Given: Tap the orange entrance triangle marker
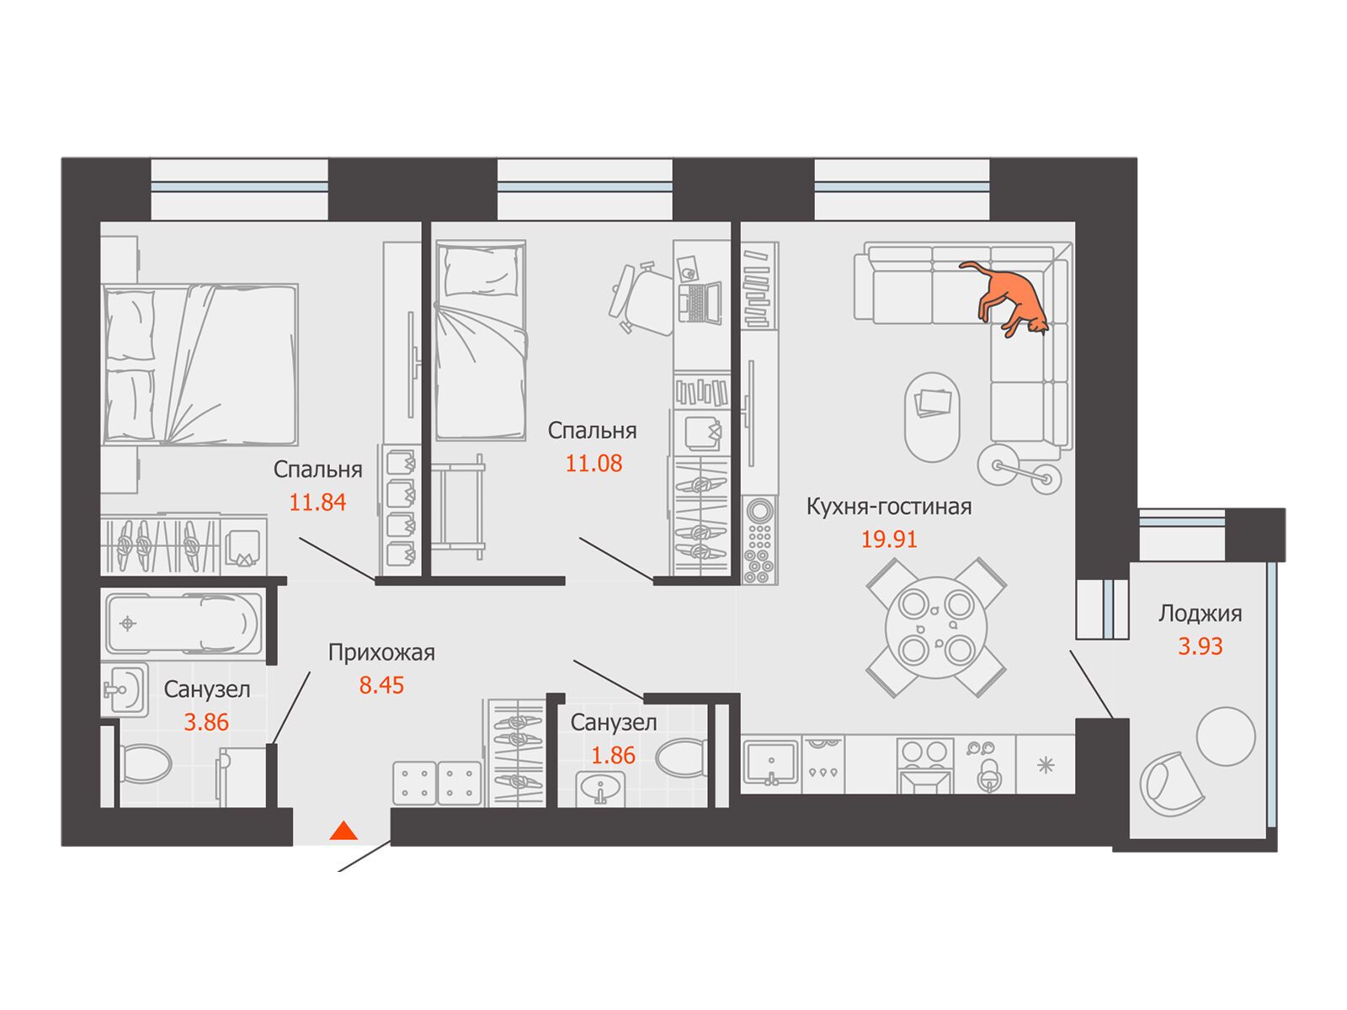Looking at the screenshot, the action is [343, 831].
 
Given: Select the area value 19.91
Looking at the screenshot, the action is [889, 540].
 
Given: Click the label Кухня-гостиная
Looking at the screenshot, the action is [889, 508].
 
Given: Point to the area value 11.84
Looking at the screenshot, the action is [317, 502].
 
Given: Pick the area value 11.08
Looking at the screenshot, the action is [594, 464].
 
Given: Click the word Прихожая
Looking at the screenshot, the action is [381, 652].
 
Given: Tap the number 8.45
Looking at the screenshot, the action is [381, 685].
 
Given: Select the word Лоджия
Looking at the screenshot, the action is [1201, 614].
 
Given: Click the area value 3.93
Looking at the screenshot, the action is [1201, 646].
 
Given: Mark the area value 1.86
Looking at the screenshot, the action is [613, 756].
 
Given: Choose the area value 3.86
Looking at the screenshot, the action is [206, 722].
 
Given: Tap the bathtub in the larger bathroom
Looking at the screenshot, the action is [184, 624].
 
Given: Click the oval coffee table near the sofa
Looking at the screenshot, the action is [932, 417].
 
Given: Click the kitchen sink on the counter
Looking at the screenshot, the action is [771, 763].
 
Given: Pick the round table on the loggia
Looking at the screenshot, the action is [1226, 736].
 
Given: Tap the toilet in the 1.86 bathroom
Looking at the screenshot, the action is [681, 758].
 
